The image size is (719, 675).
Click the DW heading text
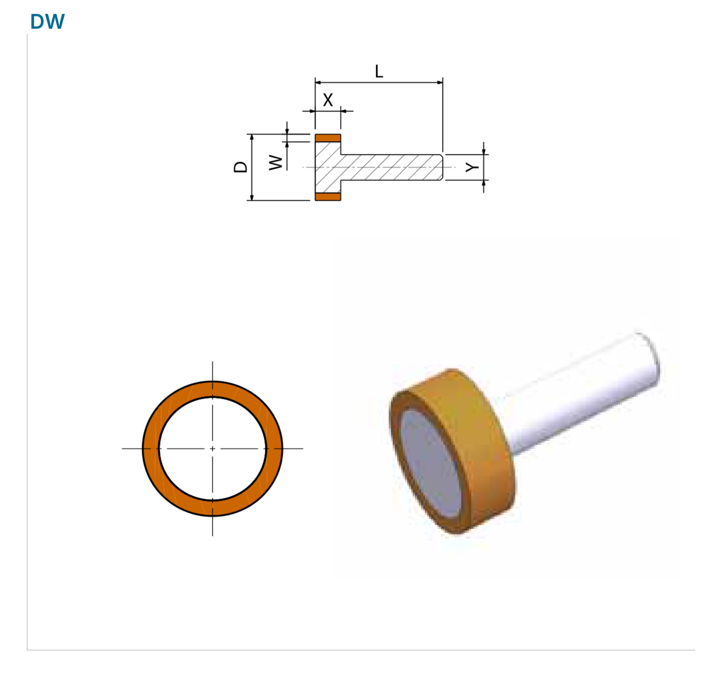coord(47,22)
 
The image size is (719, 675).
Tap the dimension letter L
coord(379,71)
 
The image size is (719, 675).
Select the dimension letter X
coord(328,100)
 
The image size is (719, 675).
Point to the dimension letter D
coord(241,167)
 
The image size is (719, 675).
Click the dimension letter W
coord(276,162)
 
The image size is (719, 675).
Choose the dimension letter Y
coord(472,167)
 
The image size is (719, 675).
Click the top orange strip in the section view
coord(328,138)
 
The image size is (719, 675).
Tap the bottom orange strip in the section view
coord(328,197)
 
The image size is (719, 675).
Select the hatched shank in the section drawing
coord(391,167)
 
